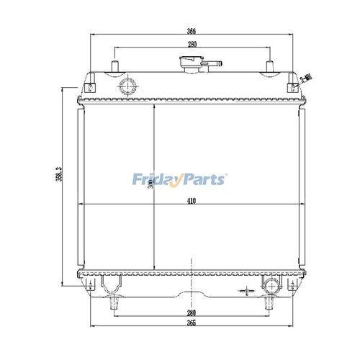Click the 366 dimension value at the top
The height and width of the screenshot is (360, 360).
192,31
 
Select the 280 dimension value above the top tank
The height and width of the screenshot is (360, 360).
192,45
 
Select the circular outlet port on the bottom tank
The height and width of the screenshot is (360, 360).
272,286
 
